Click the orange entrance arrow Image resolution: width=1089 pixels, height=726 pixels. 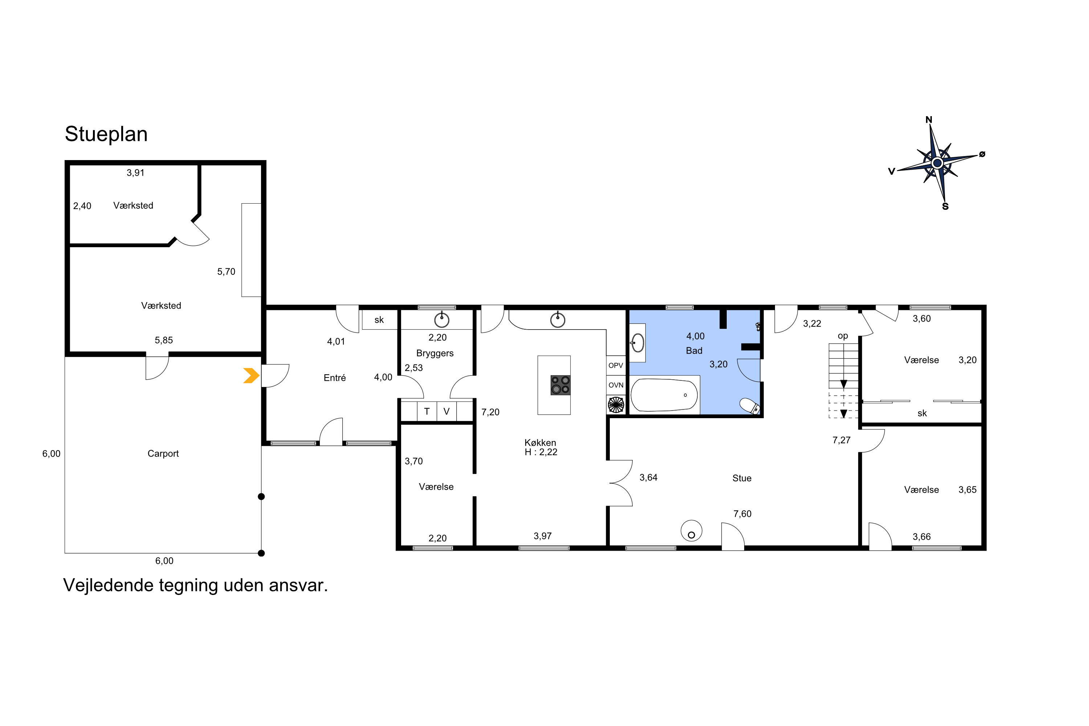point(251,375)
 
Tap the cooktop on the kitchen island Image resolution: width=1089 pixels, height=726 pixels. point(560,385)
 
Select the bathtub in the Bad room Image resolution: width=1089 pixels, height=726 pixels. point(664,395)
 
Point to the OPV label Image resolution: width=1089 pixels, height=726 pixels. point(616,365)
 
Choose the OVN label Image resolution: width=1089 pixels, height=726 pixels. point(616,385)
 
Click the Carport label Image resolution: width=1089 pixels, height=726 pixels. point(163,454)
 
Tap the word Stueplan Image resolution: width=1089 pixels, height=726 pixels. point(106,134)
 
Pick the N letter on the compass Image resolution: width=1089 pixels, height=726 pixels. point(929,120)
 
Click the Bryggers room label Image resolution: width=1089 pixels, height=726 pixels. point(435,353)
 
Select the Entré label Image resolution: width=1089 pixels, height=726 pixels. point(335,378)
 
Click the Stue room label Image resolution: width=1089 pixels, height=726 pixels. point(742,478)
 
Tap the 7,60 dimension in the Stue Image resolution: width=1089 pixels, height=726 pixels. point(742,514)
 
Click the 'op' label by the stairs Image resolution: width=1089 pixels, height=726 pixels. point(843,336)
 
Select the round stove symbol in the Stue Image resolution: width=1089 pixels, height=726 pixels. point(691,531)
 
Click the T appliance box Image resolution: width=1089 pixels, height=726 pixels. point(427,411)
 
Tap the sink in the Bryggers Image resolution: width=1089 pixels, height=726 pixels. point(442,319)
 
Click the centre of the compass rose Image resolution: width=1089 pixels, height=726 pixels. point(937,163)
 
